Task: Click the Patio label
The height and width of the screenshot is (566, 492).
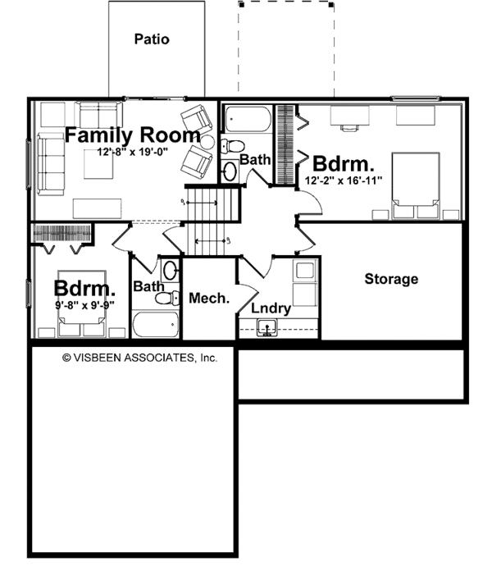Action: coord(152,39)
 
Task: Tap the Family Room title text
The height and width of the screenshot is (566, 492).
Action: coord(133,135)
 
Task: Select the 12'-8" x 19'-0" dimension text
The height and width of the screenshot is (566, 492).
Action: coord(133,152)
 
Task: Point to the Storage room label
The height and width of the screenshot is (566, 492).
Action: coord(391,279)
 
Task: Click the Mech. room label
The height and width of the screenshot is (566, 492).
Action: coord(209,298)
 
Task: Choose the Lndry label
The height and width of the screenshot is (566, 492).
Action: coord(271,308)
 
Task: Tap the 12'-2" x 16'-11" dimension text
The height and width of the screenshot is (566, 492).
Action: coord(344,180)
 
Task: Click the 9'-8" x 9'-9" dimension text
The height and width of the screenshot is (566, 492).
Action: coord(84,305)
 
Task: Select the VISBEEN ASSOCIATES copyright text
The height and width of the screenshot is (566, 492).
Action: coord(140,358)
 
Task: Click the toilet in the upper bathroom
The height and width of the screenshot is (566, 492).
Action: coord(233,146)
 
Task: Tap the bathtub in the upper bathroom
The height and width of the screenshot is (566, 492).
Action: coord(248,119)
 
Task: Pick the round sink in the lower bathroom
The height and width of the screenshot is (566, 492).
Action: coord(170,270)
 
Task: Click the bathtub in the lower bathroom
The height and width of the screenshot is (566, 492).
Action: coord(156,324)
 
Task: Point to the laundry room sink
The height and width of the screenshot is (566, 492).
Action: coord(267,328)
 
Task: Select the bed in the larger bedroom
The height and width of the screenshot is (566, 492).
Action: coord(416,185)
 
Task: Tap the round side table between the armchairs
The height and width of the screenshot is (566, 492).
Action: coord(207,142)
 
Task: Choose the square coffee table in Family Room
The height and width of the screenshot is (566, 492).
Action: coord(98,164)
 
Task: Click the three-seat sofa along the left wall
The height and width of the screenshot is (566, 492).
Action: coord(51,164)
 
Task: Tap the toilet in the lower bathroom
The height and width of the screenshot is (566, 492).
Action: coord(167,298)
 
